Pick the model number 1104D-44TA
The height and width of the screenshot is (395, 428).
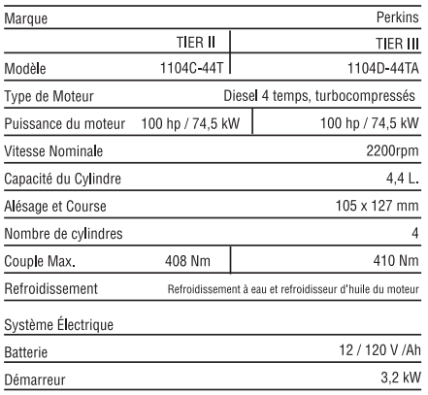point(379,69)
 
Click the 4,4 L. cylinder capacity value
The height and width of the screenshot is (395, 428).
point(402,178)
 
